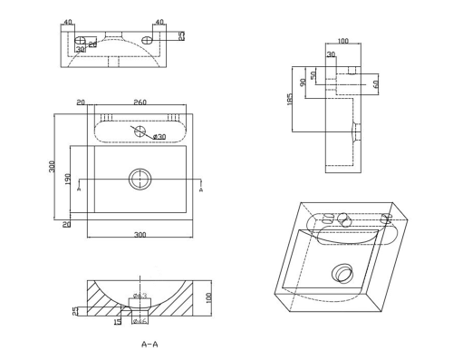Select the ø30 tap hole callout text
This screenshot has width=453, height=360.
click(x=159, y=136)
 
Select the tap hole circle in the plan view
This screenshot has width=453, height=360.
click(x=139, y=131)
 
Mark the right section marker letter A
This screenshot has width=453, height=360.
click(x=200, y=191)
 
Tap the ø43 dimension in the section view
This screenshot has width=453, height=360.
click(x=140, y=296)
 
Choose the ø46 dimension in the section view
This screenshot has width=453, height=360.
click(x=140, y=319)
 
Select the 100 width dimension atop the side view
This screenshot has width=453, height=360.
click(x=342, y=41)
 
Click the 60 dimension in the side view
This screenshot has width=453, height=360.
click(x=374, y=83)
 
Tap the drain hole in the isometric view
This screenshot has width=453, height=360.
click(x=342, y=271)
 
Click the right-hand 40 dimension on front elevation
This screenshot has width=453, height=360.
click(x=159, y=22)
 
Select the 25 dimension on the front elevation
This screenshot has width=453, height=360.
click(x=180, y=35)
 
